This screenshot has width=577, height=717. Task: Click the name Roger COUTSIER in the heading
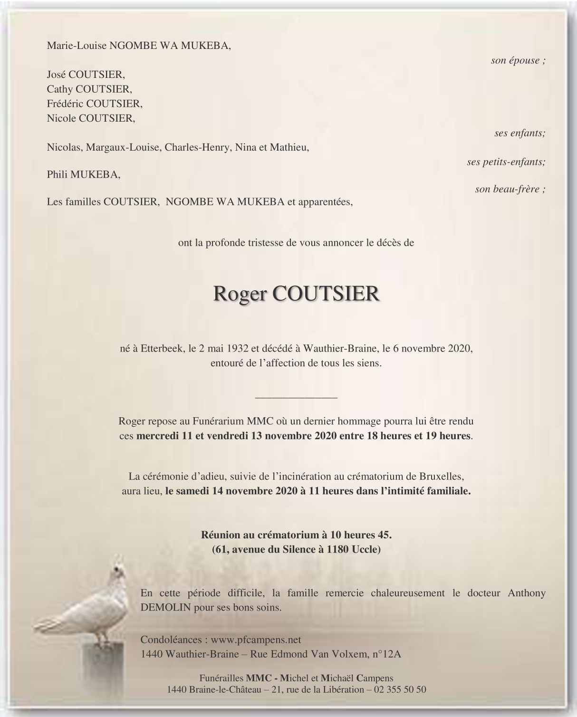[x=297, y=294]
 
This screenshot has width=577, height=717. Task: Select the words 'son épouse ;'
[x=518, y=60]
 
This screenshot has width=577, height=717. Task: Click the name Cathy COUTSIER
[x=89, y=89]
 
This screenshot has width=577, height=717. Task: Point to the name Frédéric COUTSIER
[x=95, y=104]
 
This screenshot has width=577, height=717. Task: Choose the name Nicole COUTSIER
[x=91, y=118]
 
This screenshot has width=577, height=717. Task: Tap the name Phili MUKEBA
[x=84, y=174]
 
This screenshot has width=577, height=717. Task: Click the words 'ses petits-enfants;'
[x=506, y=162]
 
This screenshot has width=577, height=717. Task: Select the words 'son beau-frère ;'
[x=510, y=189]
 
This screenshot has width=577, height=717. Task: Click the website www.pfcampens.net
[x=256, y=640]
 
